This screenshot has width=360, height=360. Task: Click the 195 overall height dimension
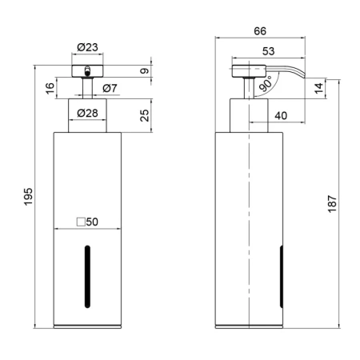point(28,197)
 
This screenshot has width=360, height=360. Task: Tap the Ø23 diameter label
point(87,47)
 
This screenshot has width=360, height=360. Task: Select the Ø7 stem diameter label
point(110,88)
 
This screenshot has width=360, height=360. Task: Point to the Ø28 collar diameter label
point(87,113)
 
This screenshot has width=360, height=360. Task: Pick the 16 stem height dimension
point(50,88)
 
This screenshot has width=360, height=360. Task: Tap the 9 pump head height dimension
point(144,71)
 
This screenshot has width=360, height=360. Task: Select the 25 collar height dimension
point(144,115)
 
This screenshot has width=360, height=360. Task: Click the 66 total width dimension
point(260,31)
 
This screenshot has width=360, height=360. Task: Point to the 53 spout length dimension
point(268,51)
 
